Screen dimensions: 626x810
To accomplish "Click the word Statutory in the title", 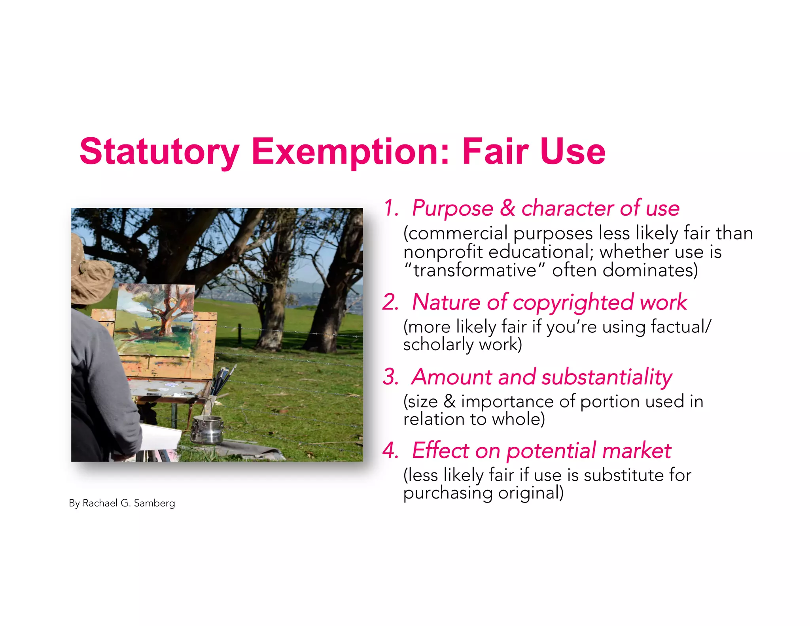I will click(x=159, y=152).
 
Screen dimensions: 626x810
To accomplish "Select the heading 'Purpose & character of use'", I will click(x=545, y=208).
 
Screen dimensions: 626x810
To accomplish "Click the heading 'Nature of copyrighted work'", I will click(x=549, y=302).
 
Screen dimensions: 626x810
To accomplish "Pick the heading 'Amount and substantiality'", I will click(x=541, y=377).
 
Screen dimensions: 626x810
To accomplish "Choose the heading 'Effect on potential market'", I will click(x=541, y=451).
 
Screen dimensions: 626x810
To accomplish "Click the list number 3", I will click(x=390, y=377).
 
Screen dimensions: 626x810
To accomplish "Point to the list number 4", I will click(x=390, y=451).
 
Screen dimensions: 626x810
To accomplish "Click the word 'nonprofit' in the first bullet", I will click(x=443, y=252).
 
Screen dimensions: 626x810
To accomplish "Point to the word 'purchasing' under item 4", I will click(x=448, y=493).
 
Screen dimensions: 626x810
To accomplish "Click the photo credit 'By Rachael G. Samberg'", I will click(x=122, y=503).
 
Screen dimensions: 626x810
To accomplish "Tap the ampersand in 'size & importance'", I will click(x=449, y=402).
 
